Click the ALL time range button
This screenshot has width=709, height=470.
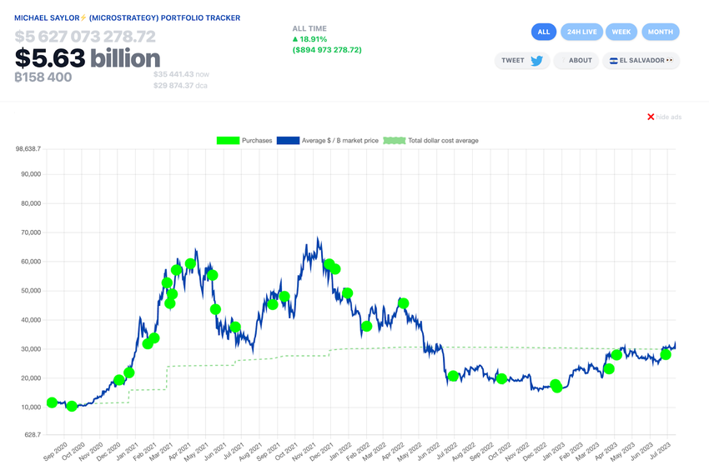pos(544,32)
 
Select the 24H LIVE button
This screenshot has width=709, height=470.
pos(581,32)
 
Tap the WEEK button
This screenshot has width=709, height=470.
pos(621,32)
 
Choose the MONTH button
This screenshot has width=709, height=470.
pos(661,32)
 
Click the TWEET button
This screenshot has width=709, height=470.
pos(522,61)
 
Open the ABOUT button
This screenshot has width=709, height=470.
pos(576,61)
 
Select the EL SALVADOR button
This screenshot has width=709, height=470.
pos(641,61)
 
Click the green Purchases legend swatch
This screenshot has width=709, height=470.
pos(228,141)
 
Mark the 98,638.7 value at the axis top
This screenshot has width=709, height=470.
pos(28,149)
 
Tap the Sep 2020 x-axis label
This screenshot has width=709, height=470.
pos(55,451)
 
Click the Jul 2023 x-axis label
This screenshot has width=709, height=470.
pos(661,451)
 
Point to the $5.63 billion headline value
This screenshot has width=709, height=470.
pos(88,58)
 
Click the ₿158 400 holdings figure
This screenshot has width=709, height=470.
pos(43,77)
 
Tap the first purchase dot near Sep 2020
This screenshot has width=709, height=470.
pos(53,402)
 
